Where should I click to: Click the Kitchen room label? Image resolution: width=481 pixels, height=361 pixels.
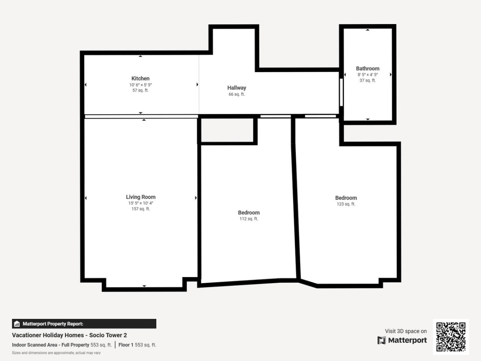(x=140, y=79)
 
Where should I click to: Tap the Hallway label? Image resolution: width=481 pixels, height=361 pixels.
(x=236, y=88)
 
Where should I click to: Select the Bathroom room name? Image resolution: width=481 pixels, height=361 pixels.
(x=368, y=69)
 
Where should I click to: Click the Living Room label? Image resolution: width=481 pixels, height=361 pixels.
(x=141, y=197)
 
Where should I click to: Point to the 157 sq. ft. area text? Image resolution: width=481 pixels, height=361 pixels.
(x=141, y=209)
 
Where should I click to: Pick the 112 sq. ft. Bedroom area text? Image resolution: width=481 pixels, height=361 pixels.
(x=249, y=219)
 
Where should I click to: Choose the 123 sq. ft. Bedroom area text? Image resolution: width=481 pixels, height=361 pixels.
(x=346, y=204)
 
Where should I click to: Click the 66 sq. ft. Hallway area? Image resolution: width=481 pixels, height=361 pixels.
(x=236, y=94)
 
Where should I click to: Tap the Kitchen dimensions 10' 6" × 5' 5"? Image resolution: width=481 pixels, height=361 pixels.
(x=140, y=85)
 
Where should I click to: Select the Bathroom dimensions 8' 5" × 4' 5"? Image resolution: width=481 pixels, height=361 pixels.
(x=368, y=75)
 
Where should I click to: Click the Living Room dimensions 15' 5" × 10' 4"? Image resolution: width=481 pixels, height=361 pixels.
(x=141, y=203)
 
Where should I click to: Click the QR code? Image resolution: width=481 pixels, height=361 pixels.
(x=451, y=337)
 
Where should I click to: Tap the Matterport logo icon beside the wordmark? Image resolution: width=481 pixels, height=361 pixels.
(x=382, y=341)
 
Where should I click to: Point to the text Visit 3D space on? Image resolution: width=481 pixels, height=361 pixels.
(x=406, y=331)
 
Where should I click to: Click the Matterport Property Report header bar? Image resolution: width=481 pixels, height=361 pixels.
(x=84, y=324)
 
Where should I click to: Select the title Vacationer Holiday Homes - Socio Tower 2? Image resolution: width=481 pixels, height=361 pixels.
(x=69, y=335)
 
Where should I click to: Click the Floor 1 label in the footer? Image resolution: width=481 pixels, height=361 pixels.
(x=126, y=345)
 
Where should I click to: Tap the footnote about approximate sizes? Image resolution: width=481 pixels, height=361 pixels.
(x=57, y=353)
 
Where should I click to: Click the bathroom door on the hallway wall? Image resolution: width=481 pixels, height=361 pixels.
(x=341, y=92)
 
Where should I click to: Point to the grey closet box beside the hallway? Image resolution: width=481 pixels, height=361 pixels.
(x=227, y=130)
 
